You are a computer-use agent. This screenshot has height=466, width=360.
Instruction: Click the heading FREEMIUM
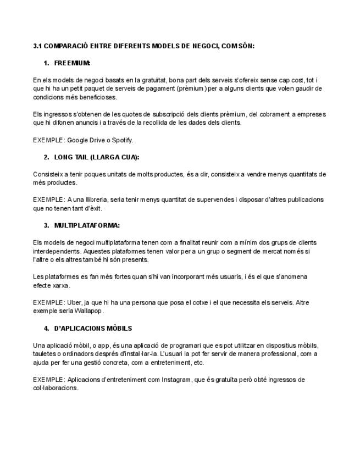click(x=72, y=63)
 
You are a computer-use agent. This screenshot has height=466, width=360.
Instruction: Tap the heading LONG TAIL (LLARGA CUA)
click(x=96, y=157)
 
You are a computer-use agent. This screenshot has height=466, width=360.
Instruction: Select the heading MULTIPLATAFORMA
click(x=87, y=225)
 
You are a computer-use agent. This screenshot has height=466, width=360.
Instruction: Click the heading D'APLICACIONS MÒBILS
click(x=93, y=329)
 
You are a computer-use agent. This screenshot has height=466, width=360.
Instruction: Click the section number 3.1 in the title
click(x=37, y=46)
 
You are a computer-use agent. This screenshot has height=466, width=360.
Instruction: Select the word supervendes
click(x=204, y=199)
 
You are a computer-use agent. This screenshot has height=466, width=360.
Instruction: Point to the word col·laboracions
click(x=56, y=388)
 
